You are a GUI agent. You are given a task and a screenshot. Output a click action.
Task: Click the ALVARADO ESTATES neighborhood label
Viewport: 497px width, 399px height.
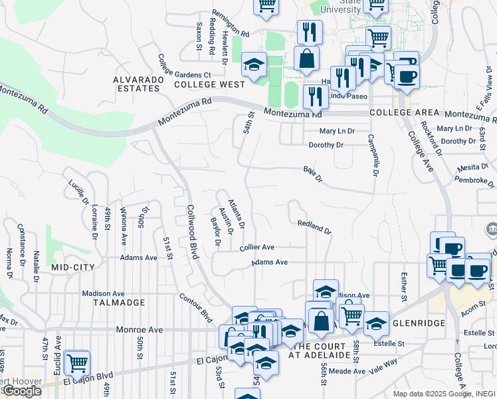click(138, 84)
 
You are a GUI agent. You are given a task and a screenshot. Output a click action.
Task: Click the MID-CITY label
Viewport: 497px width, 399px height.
click(73, 267)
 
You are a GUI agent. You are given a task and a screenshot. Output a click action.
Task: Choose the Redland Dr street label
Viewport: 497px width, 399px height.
click(314, 227)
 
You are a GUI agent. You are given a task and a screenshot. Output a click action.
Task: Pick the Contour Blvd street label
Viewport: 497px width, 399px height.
click(197, 308)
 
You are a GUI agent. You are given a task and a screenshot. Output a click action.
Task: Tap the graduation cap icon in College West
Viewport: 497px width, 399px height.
click(253, 65)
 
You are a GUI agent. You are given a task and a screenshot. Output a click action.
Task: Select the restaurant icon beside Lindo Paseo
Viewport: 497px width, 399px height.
click(314, 96)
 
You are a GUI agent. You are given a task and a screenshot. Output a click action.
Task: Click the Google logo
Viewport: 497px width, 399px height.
click(21, 391)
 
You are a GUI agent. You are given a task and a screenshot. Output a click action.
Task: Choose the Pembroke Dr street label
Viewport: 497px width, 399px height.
click(475, 180)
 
